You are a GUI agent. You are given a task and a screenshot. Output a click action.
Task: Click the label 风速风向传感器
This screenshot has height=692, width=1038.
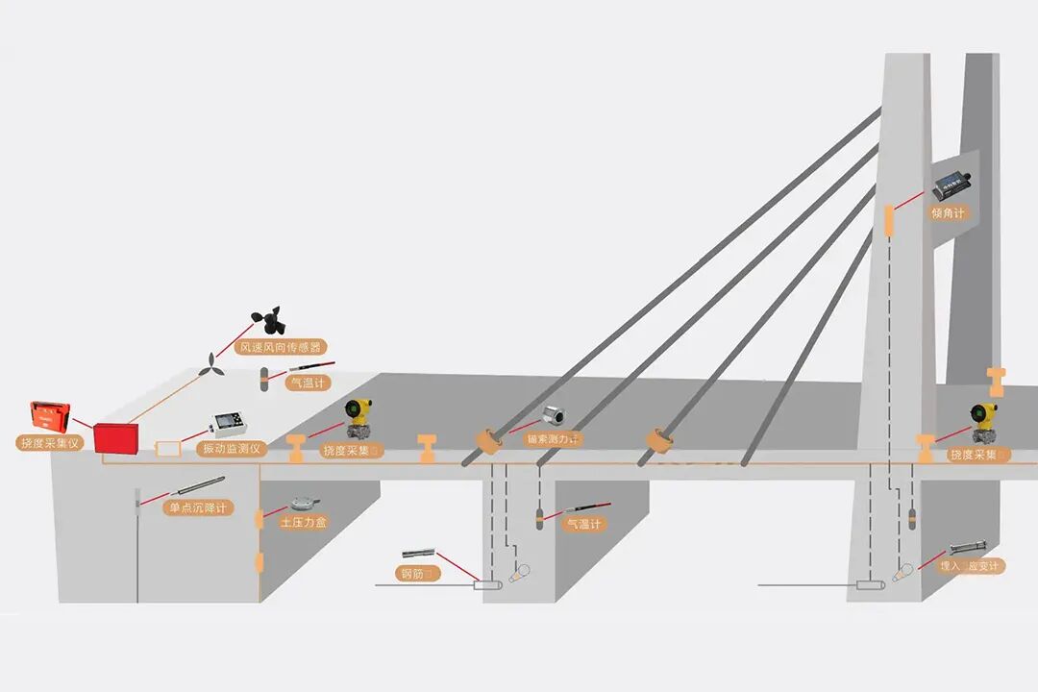pyautogui.click(x=282, y=347)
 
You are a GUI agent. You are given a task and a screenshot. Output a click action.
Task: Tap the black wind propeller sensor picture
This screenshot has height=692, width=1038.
pyautogui.click(x=269, y=320)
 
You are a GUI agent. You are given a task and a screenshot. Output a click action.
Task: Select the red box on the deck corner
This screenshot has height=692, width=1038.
pyautogui.click(x=116, y=438)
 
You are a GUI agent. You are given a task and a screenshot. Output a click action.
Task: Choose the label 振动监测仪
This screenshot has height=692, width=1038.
pyautogui.click(x=229, y=449)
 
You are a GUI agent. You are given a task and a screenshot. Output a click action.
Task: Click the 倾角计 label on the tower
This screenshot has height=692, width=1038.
pyautogui.click(x=948, y=213)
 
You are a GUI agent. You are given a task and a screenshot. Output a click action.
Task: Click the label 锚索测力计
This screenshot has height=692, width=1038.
pyautogui.click(x=554, y=439)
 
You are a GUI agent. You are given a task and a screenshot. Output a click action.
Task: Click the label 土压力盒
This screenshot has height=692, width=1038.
pyautogui.click(x=304, y=523)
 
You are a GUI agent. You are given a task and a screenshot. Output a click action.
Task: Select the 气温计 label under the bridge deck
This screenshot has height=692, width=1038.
pyautogui.click(x=582, y=524)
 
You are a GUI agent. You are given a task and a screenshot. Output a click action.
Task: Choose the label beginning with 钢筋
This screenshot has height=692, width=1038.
pyautogui.click(x=419, y=574)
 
